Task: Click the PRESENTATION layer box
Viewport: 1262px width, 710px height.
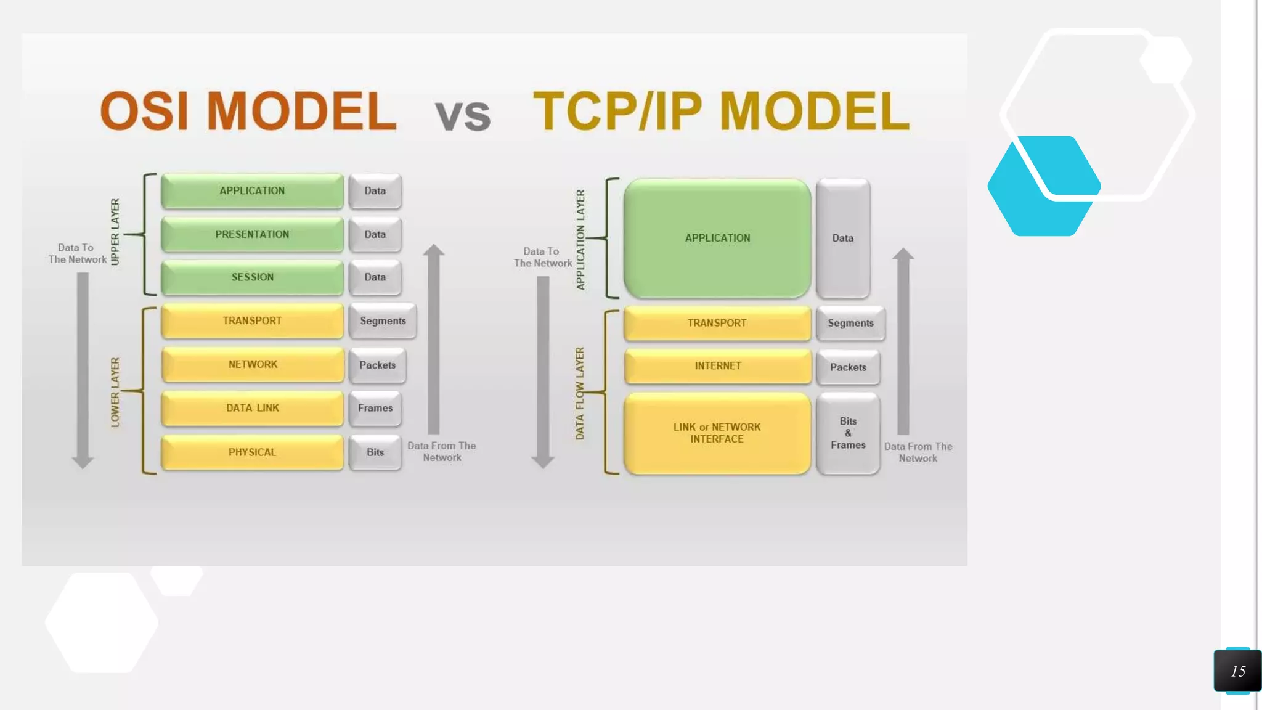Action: pyautogui.click(x=252, y=234)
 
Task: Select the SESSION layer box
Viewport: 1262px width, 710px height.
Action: pyautogui.click(x=252, y=277)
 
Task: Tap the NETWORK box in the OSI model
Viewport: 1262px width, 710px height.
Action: pyautogui.click(x=253, y=364)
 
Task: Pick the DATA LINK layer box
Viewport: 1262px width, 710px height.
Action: pyautogui.click(x=252, y=408)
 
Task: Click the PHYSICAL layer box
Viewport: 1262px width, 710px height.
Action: pyautogui.click(x=252, y=452)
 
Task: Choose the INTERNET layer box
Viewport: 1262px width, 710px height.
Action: pyautogui.click(x=717, y=366)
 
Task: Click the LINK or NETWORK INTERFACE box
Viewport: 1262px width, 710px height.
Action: pyautogui.click(x=717, y=433)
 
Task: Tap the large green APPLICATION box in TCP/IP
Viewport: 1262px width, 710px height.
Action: pyautogui.click(x=717, y=238)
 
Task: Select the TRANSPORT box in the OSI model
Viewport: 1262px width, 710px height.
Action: pyautogui.click(x=252, y=320)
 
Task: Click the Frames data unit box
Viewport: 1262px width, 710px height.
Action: pyautogui.click(x=375, y=408)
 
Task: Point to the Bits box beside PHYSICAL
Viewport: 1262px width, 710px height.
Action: pyautogui.click(x=375, y=452)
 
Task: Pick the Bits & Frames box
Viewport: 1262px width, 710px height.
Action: pyautogui.click(x=848, y=433)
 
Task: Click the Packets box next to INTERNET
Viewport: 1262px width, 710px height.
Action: pyautogui.click(x=848, y=367)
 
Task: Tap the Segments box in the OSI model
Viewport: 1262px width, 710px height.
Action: pyautogui.click(x=383, y=320)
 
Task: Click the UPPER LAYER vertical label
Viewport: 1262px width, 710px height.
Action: pyautogui.click(x=115, y=232)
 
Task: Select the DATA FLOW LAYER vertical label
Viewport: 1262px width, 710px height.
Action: pyautogui.click(x=580, y=393)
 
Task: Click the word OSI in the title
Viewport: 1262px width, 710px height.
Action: pyautogui.click(x=144, y=111)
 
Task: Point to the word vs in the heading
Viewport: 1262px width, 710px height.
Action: pyautogui.click(x=463, y=115)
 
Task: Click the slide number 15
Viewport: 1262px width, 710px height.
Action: pyautogui.click(x=1237, y=671)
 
